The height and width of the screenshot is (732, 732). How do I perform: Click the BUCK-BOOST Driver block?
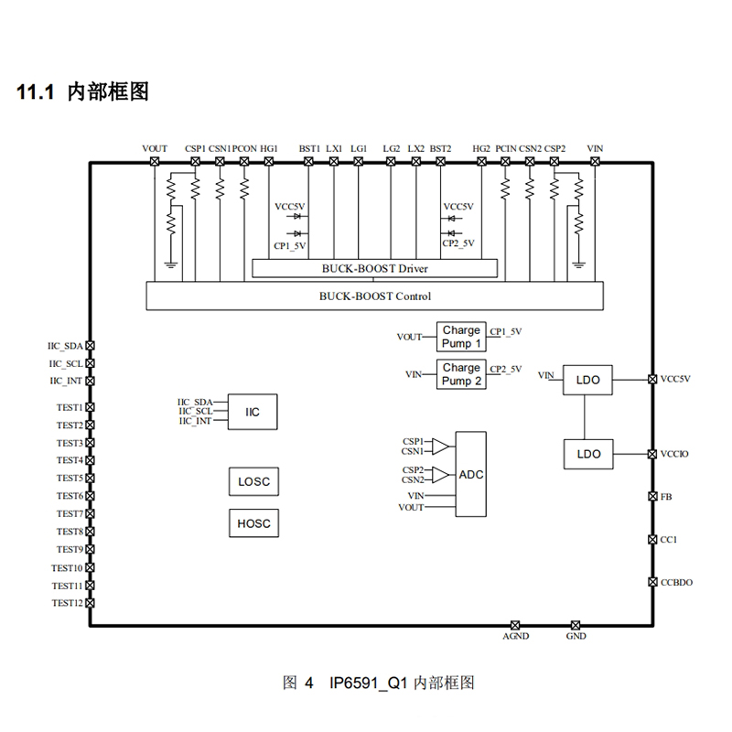point(375,268)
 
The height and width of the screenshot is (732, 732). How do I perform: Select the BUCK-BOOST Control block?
point(375,296)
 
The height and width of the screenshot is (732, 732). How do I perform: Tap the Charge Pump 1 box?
point(461,337)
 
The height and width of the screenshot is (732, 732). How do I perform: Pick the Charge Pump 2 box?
point(461,374)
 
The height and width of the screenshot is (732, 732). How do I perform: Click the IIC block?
point(253,413)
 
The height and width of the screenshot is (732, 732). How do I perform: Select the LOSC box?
point(253,482)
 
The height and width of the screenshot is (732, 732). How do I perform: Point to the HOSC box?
point(253,523)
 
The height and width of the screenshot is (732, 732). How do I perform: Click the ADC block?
point(471,474)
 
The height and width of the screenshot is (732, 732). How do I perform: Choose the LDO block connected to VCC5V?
point(588,379)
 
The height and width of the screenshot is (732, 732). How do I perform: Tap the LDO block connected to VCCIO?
point(588,454)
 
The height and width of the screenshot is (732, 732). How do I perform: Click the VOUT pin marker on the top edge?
point(155,162)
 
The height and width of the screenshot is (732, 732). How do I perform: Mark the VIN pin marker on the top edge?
point(595,162)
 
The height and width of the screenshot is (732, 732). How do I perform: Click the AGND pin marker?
point(515,624)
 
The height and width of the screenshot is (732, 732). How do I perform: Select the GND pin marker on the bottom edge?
point(576,624)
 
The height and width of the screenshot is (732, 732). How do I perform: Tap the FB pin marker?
point(651,497)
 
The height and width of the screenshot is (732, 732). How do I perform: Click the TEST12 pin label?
point(68,603)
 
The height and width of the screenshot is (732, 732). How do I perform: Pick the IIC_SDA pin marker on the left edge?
point(90,346)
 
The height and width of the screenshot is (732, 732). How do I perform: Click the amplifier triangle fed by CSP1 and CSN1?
point(441,447)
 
